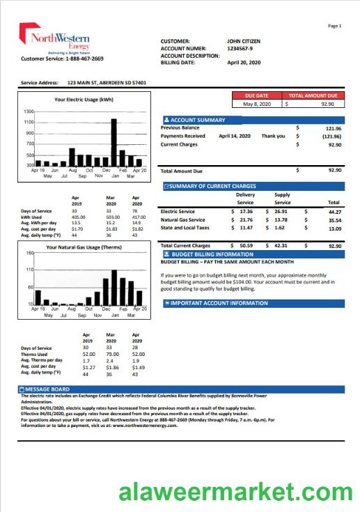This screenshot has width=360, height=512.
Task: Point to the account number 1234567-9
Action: (x=243, y=48)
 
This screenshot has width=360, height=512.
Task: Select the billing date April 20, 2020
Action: (x=243, y=63)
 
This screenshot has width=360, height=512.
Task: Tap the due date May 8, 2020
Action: (x=256, y=104)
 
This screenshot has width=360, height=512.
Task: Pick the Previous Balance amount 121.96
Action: (x=333, y=128)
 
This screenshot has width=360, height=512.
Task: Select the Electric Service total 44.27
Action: (x=334, y=211)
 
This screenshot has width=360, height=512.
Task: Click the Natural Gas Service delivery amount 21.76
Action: (x=246, y=219)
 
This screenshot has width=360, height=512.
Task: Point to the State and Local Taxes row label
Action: (x=185, y=228)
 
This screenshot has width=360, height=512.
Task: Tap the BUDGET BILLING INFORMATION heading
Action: (x=206, y=254)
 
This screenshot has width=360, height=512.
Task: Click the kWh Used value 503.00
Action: (x=111, y=217)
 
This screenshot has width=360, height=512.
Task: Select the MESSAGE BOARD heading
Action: (x=46, y=389)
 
